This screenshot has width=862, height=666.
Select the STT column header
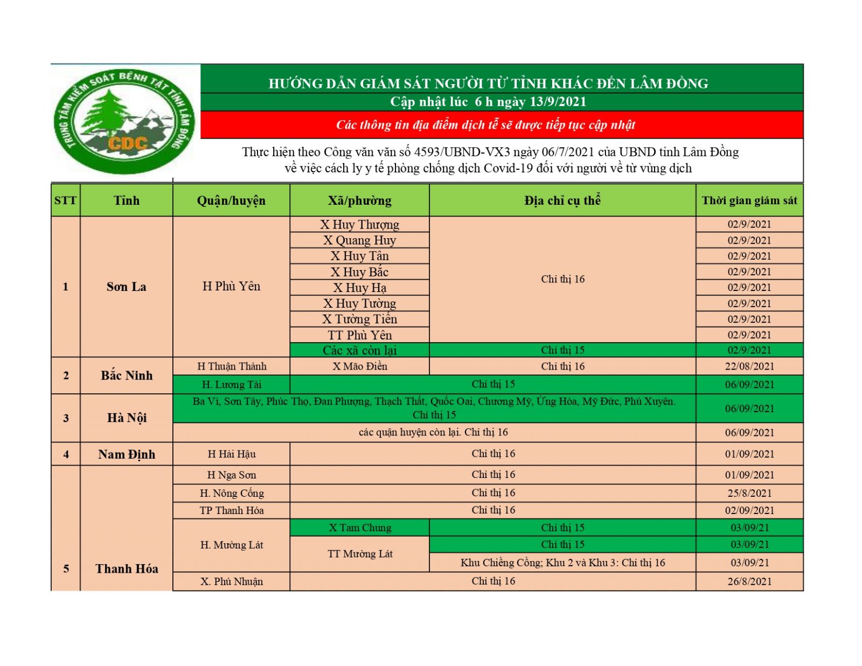point(65,200)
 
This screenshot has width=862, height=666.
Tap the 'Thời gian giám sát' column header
point(749,200)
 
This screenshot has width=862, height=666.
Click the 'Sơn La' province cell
point(126,287)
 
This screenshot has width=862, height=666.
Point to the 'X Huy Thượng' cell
point(359,224)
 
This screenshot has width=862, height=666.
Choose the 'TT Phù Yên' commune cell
point(359,335)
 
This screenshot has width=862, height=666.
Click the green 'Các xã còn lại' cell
point(359,350)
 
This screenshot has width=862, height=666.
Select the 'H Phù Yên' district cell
point(231,286)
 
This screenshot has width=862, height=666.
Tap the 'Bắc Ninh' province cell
point(126,376)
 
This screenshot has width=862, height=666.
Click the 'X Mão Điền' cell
point(359,366)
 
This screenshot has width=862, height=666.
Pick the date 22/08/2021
point(749,366)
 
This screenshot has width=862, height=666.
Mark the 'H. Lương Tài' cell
point(231,385)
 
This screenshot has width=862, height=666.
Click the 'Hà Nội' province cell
point(126,418)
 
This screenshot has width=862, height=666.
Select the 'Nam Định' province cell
point(126,454)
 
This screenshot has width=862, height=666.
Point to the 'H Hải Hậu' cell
point(231,454)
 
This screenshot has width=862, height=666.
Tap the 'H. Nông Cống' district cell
point(231,493)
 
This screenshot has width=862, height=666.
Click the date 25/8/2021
point(749,493)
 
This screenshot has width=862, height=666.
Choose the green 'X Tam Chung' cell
point(359,528)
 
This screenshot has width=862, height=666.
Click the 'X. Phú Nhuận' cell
point(231,581)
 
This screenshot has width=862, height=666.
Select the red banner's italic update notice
point(485,125)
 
